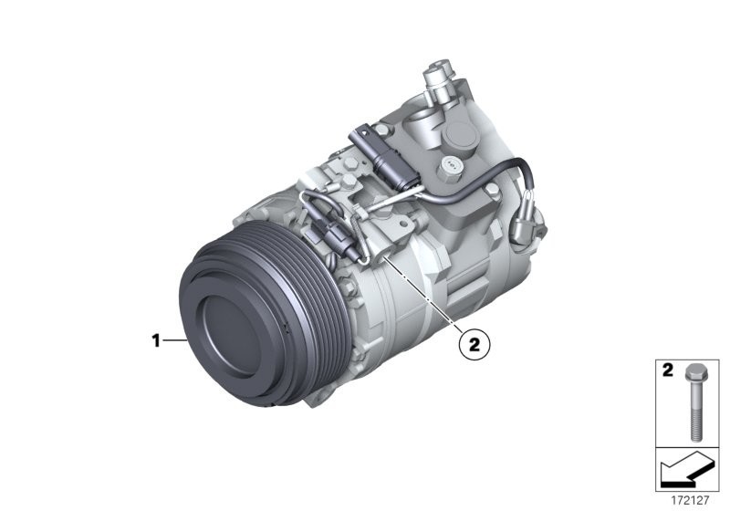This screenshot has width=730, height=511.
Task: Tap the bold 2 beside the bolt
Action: (x=667, y=371)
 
